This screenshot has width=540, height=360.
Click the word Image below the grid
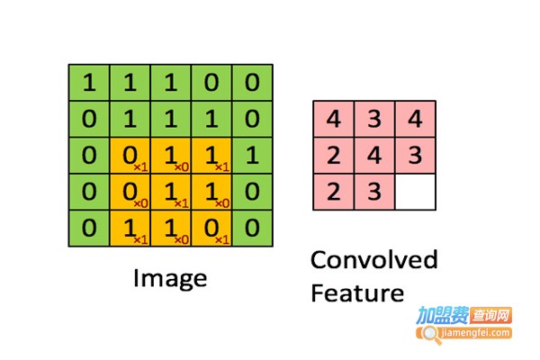(169, 278)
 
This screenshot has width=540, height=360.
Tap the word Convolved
(373, 261)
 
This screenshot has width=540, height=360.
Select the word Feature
(357, 293)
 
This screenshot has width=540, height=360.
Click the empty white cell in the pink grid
(415, 192)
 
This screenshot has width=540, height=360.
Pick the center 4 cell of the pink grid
(374, 156)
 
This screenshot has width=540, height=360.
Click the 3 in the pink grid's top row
(374, 119)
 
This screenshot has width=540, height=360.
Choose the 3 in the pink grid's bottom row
(374, 192)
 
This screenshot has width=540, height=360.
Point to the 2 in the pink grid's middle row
(333, 156)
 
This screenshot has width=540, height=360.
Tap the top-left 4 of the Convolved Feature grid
(333, 119)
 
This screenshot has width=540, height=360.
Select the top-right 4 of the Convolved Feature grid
(415, 119)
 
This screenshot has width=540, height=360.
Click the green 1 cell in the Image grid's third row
(253, 156)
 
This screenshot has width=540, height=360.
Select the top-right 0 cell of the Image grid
(253, 84)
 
